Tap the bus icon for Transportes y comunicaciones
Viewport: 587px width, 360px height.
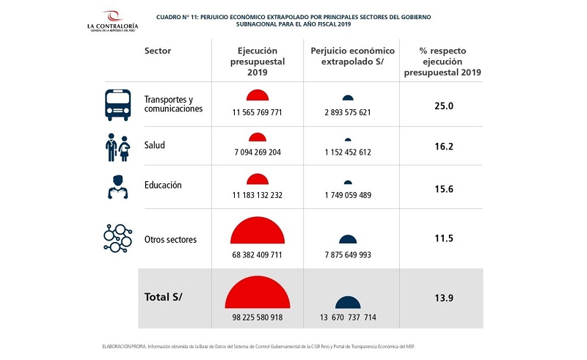[x=118, y=104]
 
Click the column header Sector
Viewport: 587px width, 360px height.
[x=158, y=51]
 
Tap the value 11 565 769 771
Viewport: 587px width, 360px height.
[x=257, y=111]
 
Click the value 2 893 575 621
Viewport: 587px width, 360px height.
[x=349, y=111]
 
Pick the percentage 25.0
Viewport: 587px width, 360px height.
[x=443, y=106]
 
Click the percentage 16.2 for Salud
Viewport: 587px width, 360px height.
[x=443, y=147]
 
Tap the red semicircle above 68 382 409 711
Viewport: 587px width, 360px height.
[x=257, y=232]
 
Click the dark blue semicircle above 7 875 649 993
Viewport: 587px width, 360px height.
[x=349, y=239]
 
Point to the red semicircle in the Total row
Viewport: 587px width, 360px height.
[x=257, y=293]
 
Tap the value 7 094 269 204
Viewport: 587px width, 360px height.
[x=257, y=153]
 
